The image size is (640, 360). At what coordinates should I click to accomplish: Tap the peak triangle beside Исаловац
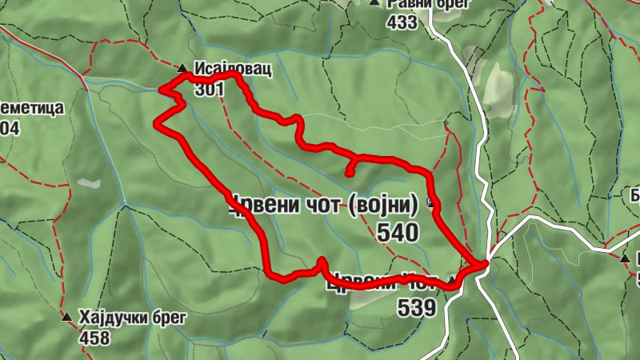(x=183, y=69)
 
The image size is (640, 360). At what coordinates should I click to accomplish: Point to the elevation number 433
(x=401, y=22)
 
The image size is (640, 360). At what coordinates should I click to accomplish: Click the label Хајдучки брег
(x=132, y=318)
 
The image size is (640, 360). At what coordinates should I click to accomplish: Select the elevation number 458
(x=94, y=338)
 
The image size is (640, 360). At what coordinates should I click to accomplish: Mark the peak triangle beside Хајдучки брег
(x=66, y=318)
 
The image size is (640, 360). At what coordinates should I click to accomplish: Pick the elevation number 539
(x=416, y=307)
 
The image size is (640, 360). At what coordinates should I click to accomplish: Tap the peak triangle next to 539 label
(x=452, y=280)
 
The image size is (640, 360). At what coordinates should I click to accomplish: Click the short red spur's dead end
(x=349, y=173)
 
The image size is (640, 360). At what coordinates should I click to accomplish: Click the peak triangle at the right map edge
(x=625, y=258)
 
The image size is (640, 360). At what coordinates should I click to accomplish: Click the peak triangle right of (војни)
(x=433, y=202)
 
